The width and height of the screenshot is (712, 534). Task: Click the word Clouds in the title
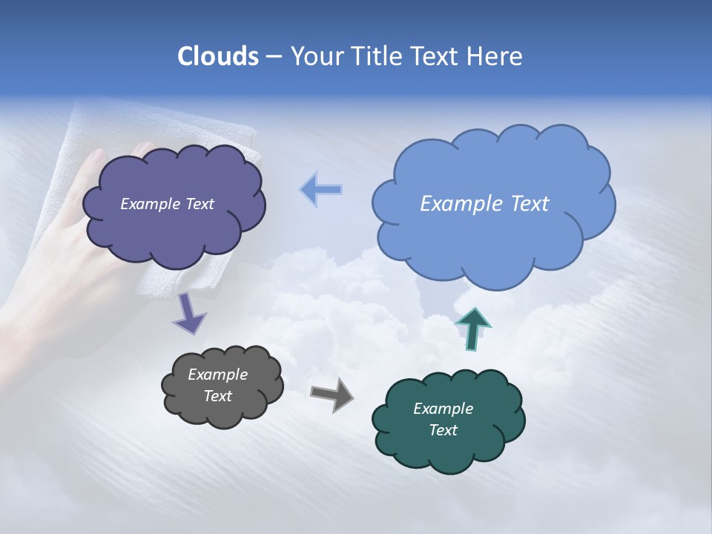217,56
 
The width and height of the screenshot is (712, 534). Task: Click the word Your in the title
317,56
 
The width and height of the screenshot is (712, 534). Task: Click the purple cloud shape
174,222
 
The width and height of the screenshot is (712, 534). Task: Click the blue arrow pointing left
321,190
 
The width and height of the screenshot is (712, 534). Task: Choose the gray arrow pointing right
332,394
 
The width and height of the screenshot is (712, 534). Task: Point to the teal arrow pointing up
472,329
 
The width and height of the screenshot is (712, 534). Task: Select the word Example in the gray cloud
217,375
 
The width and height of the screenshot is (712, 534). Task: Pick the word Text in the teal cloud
443,430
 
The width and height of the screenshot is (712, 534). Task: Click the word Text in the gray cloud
217,396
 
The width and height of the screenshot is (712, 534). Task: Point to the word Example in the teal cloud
443,409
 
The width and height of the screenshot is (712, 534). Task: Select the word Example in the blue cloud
460,204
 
